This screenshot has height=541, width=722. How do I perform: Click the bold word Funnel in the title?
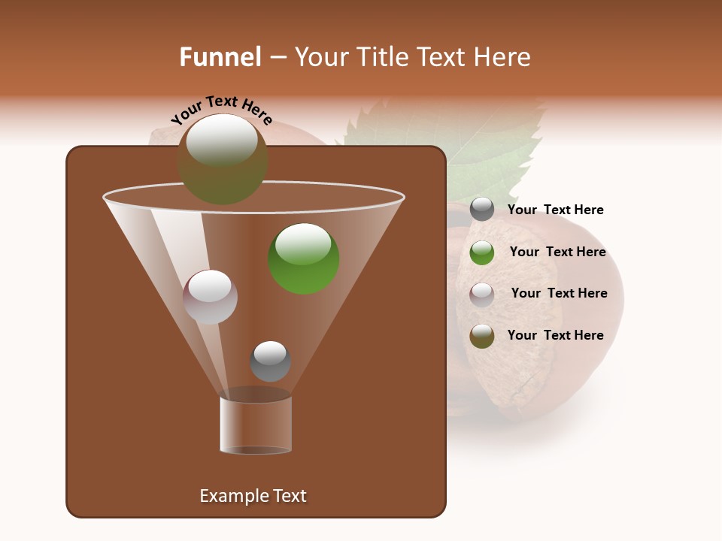pyautogui.click(x=220, y=57)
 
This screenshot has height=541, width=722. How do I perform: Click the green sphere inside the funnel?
pyautogui.click(x=304, y=258)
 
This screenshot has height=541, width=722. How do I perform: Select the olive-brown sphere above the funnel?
pyautogui.click(x=223, y=159)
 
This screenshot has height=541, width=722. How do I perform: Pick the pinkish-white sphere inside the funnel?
pyautogui.click(x=210, y=297)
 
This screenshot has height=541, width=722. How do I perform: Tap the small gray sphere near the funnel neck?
pyautogui.click(x=270, y=361)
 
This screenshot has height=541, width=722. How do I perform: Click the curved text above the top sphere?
pyautogui.click(x=222, y=110)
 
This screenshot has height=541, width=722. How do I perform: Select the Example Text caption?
pyautogui.click(x=253, y=496)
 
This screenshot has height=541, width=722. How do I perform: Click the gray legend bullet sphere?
pyautogui.click(x=482, y=210)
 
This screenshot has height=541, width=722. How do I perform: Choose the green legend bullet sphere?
pyautogui.click(x=482, y=252)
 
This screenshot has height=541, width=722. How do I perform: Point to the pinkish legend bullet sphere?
pyautogui.click(x=482, y=294)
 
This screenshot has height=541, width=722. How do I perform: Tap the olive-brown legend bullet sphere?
pyautogui.click(x=482, y=336)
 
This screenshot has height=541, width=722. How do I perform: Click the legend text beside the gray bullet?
pyautogui.click(x=555, y=210)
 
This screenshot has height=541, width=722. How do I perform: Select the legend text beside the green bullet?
pyautogui.click(x=557, y=252)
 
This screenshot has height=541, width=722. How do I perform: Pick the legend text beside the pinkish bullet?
pyautogui.click(x=559, y=293)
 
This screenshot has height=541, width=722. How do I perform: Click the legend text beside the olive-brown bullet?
pyautogui.click(x=555, y=335)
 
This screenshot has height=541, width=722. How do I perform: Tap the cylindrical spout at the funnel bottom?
pyautogui.click(x=256, y=425)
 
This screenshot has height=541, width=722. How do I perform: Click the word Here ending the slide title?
pyautogui.click(x=503, y=57)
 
